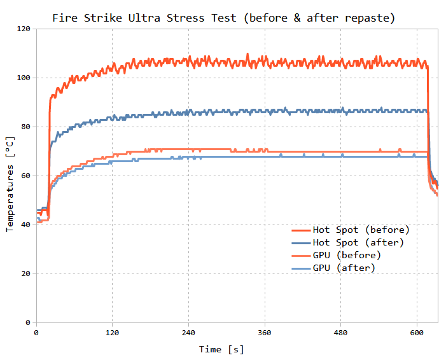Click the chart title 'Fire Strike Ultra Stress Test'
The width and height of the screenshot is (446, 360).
[146, 18]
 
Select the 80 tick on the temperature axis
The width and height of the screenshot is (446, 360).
[26, 127]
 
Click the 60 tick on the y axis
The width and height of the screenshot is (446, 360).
[26, 176]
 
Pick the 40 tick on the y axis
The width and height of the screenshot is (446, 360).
[26, 225]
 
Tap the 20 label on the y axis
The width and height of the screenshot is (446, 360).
[26, 273]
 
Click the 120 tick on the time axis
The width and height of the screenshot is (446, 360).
[112, 333]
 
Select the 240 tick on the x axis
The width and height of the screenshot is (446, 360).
[188, 333]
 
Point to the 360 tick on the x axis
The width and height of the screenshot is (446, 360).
[265, 333]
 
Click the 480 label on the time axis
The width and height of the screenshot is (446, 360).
[340, 333]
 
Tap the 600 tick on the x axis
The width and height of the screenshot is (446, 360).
[417, 333]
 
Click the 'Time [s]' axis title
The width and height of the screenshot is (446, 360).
[221, 349]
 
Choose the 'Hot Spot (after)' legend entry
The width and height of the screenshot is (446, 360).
[358, 242]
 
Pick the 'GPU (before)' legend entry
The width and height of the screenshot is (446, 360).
[347, 255]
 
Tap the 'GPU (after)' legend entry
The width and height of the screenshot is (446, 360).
[344, 268]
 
